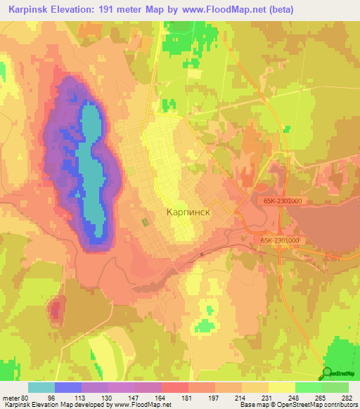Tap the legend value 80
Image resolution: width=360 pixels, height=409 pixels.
pos(26,398)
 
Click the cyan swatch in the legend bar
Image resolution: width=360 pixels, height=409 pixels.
pos(41,387)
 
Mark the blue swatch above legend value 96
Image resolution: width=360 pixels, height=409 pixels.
pos(68,387)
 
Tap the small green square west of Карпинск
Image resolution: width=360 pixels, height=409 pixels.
pos(146,222)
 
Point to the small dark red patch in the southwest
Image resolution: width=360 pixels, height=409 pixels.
pos(55,310)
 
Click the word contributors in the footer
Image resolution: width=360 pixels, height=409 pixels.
pos(341,405)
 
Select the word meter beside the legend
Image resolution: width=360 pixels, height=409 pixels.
pos(10,398)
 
